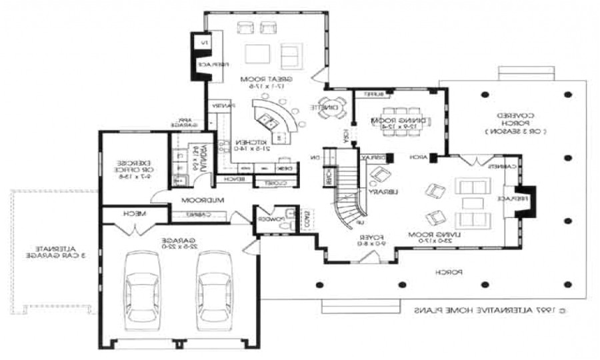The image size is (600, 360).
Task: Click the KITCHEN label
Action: [x=251, y=143]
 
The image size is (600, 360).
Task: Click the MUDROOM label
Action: [x=206, y=199]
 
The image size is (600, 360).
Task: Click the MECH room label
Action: [x=135, y=214]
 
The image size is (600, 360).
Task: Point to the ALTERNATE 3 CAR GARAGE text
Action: [x=49, y=251]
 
